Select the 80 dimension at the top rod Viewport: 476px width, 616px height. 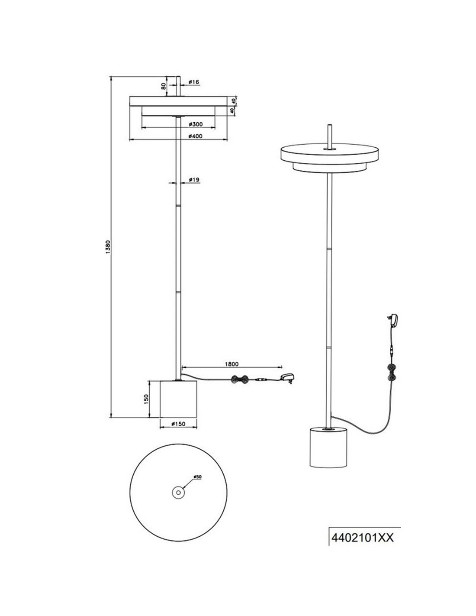pos(164,87)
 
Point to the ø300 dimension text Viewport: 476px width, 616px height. pos(196,124)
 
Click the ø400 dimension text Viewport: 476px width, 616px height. pos(196,136)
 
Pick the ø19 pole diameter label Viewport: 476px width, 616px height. pos(194,179)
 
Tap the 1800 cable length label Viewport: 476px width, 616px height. pos(232,364)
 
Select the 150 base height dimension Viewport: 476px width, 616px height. pos(146,399)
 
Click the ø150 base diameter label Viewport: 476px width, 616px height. pos(178,424)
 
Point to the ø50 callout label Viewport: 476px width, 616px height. pos(197,477)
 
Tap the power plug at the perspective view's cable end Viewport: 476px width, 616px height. pos(392,320)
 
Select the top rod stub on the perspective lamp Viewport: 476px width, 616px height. pos(329,136)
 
